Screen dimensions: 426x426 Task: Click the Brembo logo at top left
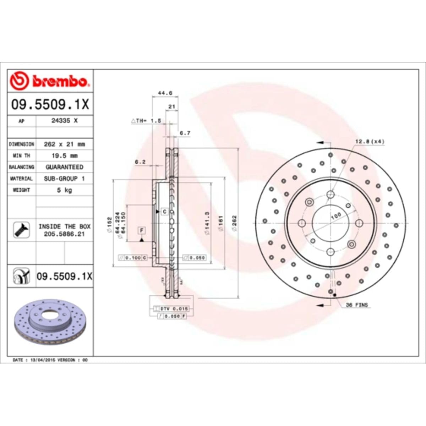(49, 81)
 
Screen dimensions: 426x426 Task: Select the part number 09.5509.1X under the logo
(50, 105)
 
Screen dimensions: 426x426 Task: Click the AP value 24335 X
(64, 121)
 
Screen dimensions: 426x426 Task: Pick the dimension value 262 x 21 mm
(64, 144)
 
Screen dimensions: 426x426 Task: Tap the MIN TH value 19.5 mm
(64, 155)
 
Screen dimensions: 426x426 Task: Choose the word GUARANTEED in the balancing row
(64, 167)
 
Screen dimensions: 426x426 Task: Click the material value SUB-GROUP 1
(64, 179)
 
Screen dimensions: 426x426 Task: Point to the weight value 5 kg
(64, 190)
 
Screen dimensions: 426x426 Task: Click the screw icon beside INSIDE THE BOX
(22, 230)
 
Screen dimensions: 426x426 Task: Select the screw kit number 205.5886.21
(64, 234)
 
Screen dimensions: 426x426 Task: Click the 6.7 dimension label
(185, 133)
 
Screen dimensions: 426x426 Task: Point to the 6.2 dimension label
(140, 162)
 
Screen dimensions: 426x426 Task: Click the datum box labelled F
(142, 231)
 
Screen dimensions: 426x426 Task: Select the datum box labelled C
(164, 212)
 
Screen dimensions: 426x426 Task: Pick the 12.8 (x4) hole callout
(370, 142)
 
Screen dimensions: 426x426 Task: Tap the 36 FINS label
(357, 305)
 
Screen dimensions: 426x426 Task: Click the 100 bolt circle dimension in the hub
(335, 215)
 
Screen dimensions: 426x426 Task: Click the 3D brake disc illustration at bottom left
(50, 322)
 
